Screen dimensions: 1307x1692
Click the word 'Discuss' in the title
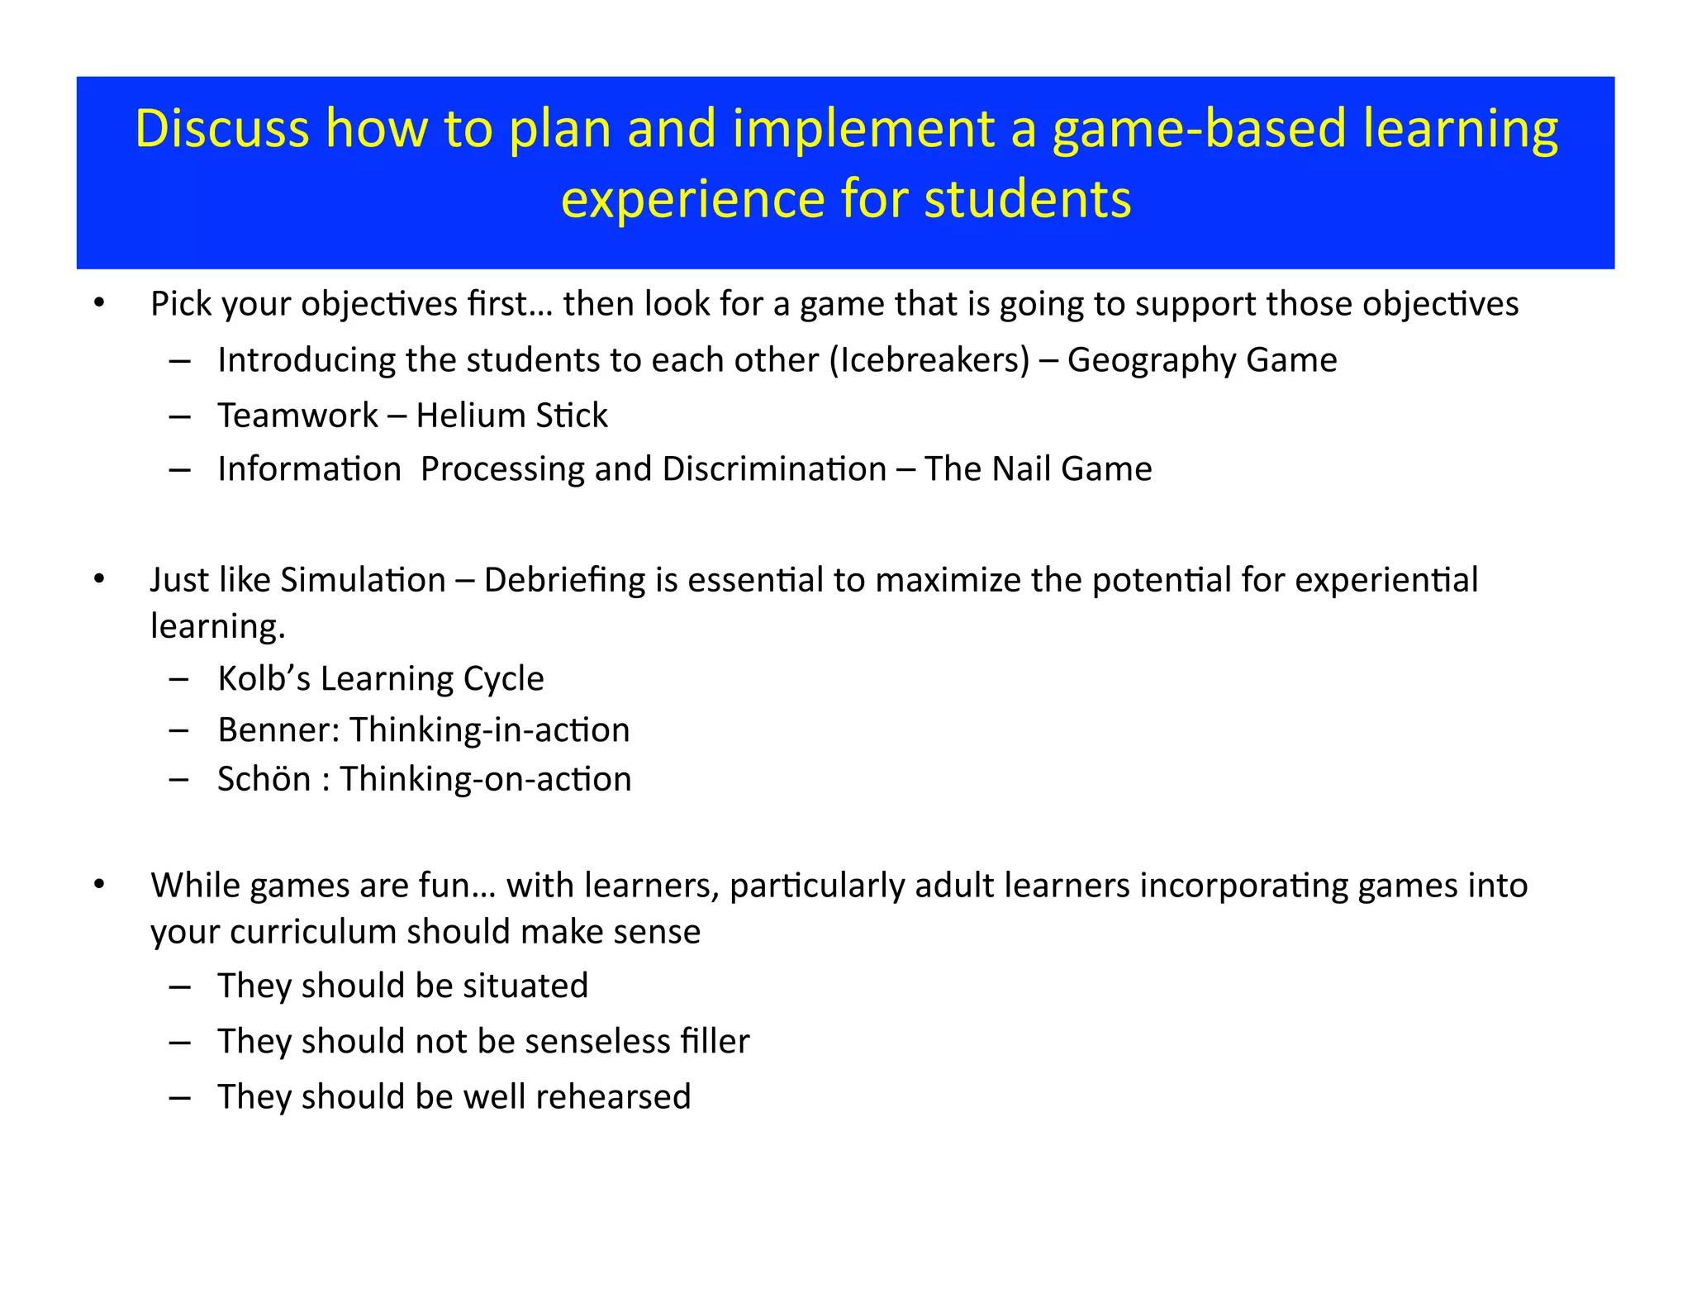(221, 129)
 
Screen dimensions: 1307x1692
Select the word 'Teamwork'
(297, 416)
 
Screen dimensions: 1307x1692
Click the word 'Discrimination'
(774, 469)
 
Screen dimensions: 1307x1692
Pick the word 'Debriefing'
(564, 580)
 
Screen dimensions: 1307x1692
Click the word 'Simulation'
(364, 580)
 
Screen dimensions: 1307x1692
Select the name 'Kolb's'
(264, 679)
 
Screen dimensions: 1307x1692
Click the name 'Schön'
(264, 779)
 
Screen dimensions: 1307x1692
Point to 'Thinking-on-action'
(486, 779)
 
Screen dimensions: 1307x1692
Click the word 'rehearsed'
(612, 1097)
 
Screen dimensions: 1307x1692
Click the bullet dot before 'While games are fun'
(99, 885)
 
